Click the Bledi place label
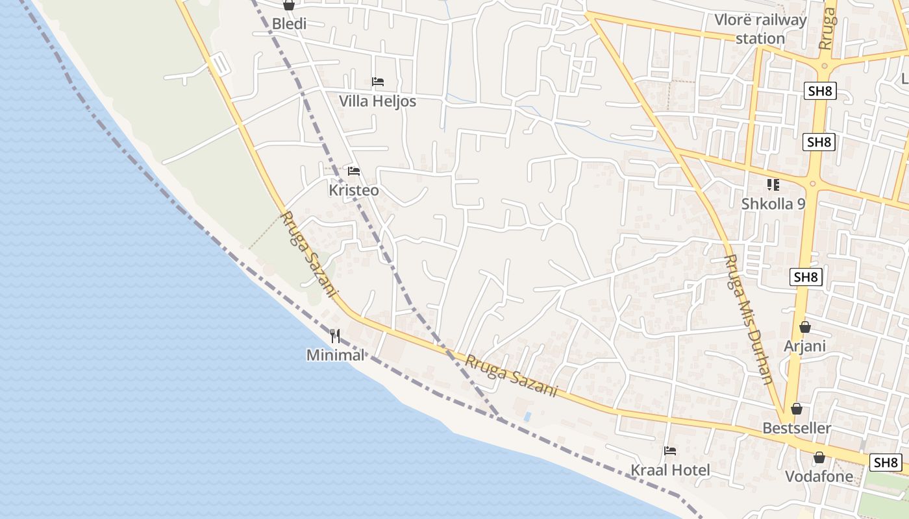[x=289, y=24]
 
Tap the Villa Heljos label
[x=377, y=101]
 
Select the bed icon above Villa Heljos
[x=378, y=82]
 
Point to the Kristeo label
[x=353, y=190]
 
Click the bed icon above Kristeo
[x=354, y=171]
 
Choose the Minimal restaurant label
[x=335, y=355]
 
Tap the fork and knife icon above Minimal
[x=335, y=336]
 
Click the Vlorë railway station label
[x=760, y=29]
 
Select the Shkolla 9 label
[x=773, y=204]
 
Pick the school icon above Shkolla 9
[x=773, y=185]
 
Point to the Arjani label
[x=804, y=346]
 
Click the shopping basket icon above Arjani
[x=805, y=327]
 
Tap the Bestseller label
[x=797, y=428]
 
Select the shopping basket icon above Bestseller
[x=797, y=409]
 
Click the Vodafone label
[x=819, y=476]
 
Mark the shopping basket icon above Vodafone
[x=819, y=457]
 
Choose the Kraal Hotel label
[x=671, y=470]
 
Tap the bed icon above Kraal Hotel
[x=671, y=450]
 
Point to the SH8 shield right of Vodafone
[x=886, y=462]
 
